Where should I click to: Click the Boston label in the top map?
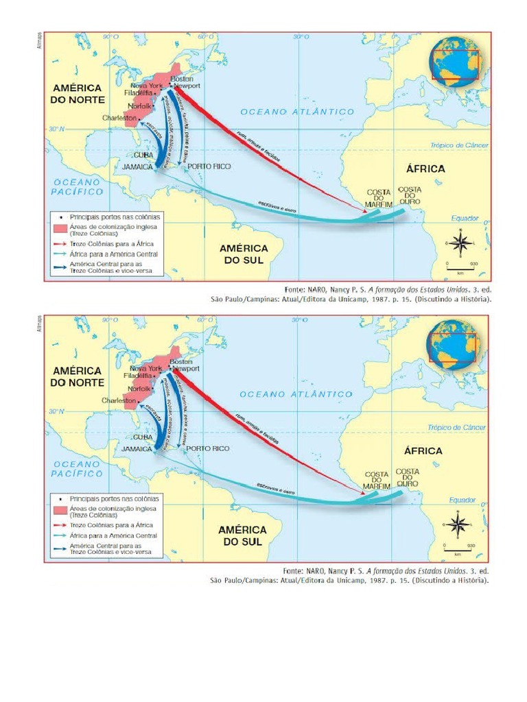tap(182, 80)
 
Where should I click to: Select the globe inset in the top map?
tap(456, 60)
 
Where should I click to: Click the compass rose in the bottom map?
tap(459, 525)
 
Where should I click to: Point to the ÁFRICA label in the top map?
tap(425, 169)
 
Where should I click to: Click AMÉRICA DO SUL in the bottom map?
tap(242, 535)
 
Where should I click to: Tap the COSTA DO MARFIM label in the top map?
tap(378, 198)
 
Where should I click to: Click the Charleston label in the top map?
tap(119, 118)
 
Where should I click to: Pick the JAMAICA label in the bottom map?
tap(136, 448)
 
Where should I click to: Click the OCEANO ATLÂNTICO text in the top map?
tap(296, 111)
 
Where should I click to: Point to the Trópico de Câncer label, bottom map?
tap(456, 427)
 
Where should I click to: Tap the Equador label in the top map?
tap(464, 217)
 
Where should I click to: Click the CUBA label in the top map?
tap(143, 155)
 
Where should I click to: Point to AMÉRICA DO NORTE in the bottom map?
tap(77, 376)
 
